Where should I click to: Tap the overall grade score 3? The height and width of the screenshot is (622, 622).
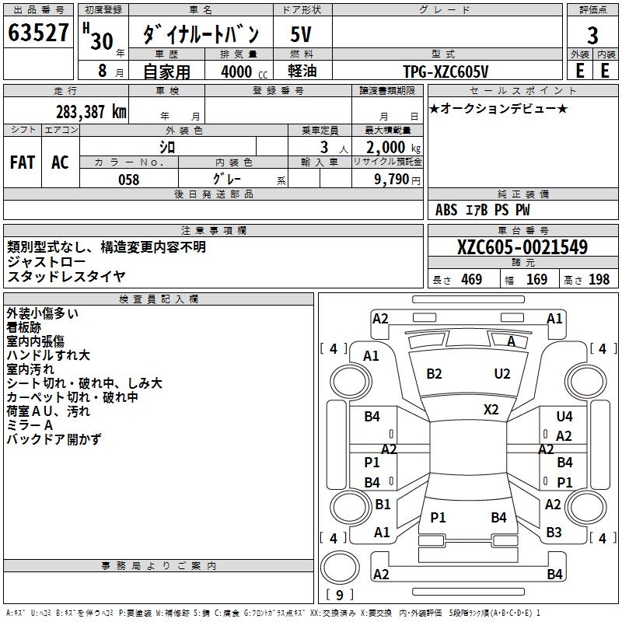[592, 35]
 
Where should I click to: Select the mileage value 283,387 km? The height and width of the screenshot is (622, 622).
[91, 111]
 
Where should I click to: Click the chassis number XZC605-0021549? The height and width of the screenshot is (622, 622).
[522, 247]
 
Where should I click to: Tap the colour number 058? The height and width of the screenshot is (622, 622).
[128, 180]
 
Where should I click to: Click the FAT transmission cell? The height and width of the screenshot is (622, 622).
[23, 162]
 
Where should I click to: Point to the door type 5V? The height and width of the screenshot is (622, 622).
[302, 35]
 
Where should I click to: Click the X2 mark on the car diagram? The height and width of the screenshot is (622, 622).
[491, 410]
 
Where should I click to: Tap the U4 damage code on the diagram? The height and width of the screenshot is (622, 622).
[564, 418]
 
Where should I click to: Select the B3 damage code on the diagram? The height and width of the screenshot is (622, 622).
[554, 533]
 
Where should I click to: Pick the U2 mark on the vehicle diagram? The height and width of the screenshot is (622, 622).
[502, 374]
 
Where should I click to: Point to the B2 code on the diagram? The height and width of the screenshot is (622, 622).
[434, 374]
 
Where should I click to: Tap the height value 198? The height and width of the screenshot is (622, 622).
[599, 280]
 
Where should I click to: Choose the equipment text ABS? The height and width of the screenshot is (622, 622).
[446, 210]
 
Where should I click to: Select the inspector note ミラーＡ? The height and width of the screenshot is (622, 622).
[30, 425]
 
